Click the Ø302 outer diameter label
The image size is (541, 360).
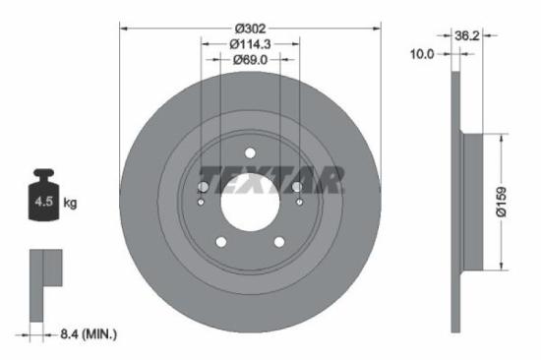[249, 29]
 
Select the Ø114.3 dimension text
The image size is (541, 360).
[249, 44]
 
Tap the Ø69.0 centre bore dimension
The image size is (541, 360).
[249, 61]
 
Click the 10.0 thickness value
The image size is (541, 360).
[421, 55]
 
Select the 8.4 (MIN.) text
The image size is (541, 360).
[86, 335]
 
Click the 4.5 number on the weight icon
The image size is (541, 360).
[43, 203]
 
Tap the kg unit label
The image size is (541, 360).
[70, 203]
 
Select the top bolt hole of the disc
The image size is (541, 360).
[250, 152]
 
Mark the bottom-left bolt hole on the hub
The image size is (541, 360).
[221, 241]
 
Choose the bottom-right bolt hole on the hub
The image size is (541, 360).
[279, 241]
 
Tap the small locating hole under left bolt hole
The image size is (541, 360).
[202, 203]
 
